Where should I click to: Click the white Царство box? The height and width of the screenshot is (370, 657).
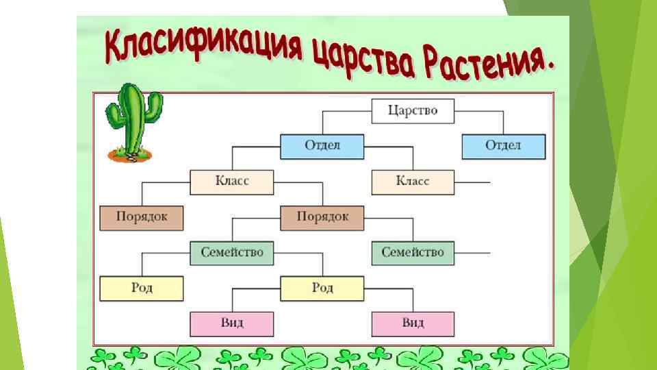pos(413,110)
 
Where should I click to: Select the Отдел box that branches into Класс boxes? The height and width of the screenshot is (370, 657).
pos(322,146)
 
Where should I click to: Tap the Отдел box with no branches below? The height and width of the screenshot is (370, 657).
pos(503,146)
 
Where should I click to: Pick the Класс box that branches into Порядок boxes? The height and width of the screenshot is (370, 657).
pos(232,182)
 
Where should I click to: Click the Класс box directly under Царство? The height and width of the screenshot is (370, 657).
pos(413,182)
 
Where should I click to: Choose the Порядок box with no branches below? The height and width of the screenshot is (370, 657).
pos(142,217)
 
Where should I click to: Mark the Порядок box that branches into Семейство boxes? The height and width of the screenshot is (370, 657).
pos(322,217)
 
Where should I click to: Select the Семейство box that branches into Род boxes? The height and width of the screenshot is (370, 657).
pos(232,253)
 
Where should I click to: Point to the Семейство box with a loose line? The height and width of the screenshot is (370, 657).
pos(413,253)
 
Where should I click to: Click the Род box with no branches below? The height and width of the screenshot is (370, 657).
pos(142,288)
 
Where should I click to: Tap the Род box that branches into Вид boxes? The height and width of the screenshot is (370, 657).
pos(322,288)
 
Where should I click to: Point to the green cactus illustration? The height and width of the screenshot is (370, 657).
pos(133,116)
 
